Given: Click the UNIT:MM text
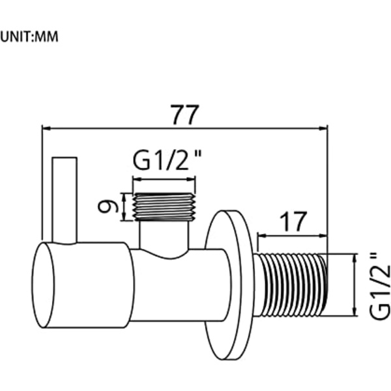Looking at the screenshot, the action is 29,36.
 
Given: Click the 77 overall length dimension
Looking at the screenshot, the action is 185,115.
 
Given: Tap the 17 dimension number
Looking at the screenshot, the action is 293,221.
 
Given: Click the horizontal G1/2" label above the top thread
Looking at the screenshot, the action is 167,161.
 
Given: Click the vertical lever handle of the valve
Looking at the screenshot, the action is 65,200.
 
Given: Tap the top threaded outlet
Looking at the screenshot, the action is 164,207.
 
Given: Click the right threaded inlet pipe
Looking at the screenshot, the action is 290,285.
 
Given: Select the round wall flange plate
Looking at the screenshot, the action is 228,285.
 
